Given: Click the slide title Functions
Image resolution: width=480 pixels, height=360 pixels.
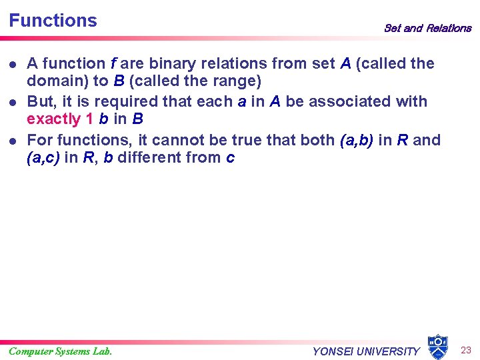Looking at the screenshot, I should pyautogui.click(x=53, y=21).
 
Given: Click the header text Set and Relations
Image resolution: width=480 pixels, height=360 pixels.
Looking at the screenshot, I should pyautogui.click(x=427, y=28).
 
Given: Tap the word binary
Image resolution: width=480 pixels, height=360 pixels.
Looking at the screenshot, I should pyautogui.click(x=174, y=64).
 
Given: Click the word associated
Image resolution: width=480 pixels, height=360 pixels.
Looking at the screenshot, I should pyautogui.click(x=351, y=102).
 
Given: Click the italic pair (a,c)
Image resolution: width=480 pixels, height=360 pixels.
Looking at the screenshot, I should pyautogui.click(x=43, y=158).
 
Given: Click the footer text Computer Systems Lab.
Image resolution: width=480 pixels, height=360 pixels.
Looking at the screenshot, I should pyautogui.click(x=60, y=351).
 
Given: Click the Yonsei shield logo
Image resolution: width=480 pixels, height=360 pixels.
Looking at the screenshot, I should pyautogui.click(x=437, y=347).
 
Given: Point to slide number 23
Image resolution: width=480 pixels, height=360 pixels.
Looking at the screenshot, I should pyautogui.click(x=466, y=349).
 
